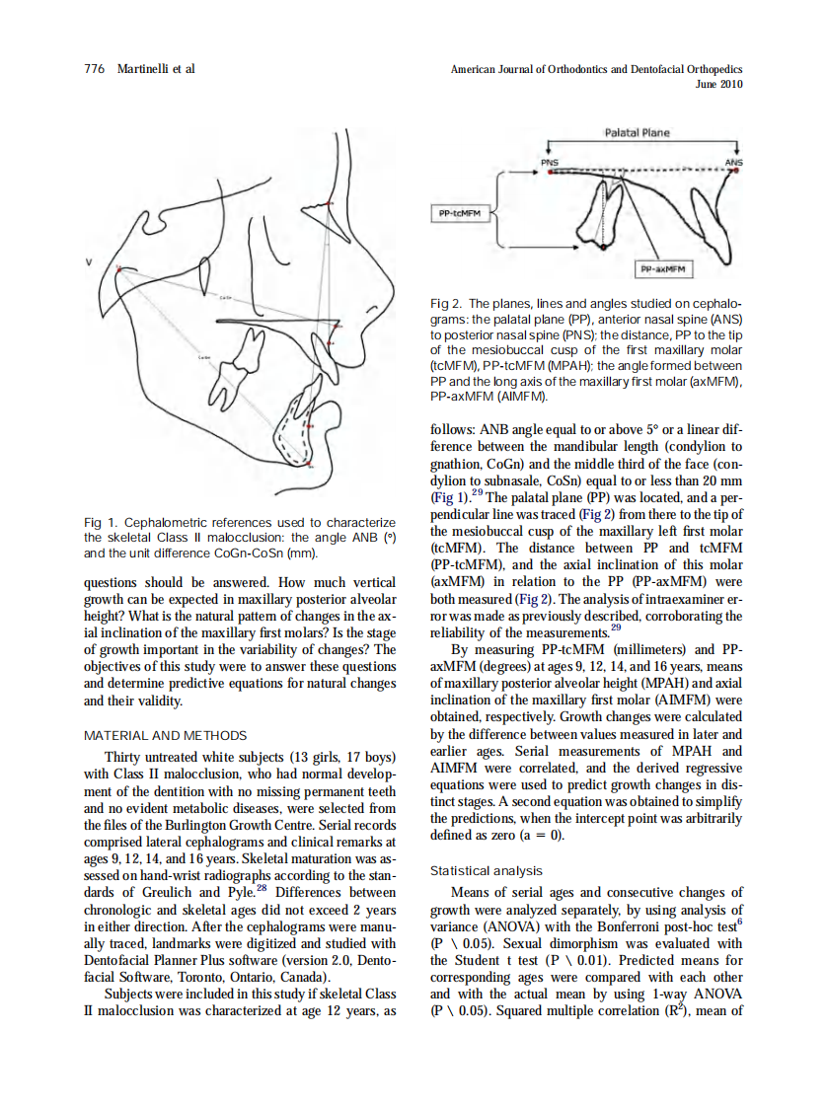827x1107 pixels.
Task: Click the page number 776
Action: point(95,68)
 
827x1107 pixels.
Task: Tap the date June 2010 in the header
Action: point(718,84)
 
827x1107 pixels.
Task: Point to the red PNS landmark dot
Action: point(550,170)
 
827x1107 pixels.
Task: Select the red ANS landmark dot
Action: point(734,170)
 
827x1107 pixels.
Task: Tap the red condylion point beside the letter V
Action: point(118,268)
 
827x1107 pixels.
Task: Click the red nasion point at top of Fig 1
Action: point(333,203)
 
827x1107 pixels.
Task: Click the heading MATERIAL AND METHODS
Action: point(165,735)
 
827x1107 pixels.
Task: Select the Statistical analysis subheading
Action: point(487,870)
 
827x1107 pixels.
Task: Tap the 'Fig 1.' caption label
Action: point(100,522)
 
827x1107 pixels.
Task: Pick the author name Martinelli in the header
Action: point(156,68)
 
